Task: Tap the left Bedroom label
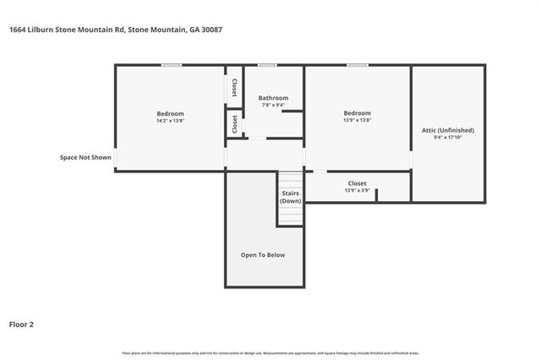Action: tap(170, 113)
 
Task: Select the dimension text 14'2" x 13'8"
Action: tap(170, 121)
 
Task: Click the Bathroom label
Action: tap(273, 97)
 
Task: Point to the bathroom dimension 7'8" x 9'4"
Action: tap(273, 105)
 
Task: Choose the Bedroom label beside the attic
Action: tap(357, 113)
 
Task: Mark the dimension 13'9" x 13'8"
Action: tap(357, 121)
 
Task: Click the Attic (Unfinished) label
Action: tap(448, 130)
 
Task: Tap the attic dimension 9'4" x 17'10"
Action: tap(448, 138)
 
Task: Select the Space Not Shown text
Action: tap(85, 157)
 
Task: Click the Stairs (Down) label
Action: tap(291, 198)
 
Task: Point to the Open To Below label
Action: tap(263, 254)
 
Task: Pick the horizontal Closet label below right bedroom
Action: tap(357, 183)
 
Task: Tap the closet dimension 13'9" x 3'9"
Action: tap(357, 191)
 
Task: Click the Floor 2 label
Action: tap(22, 323)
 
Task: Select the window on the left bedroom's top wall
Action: tap(172, 64)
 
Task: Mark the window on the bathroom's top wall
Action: tap(268, 64)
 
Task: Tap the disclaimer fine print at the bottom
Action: tap(270, 352)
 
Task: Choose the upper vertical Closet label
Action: tap(234, 87)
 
